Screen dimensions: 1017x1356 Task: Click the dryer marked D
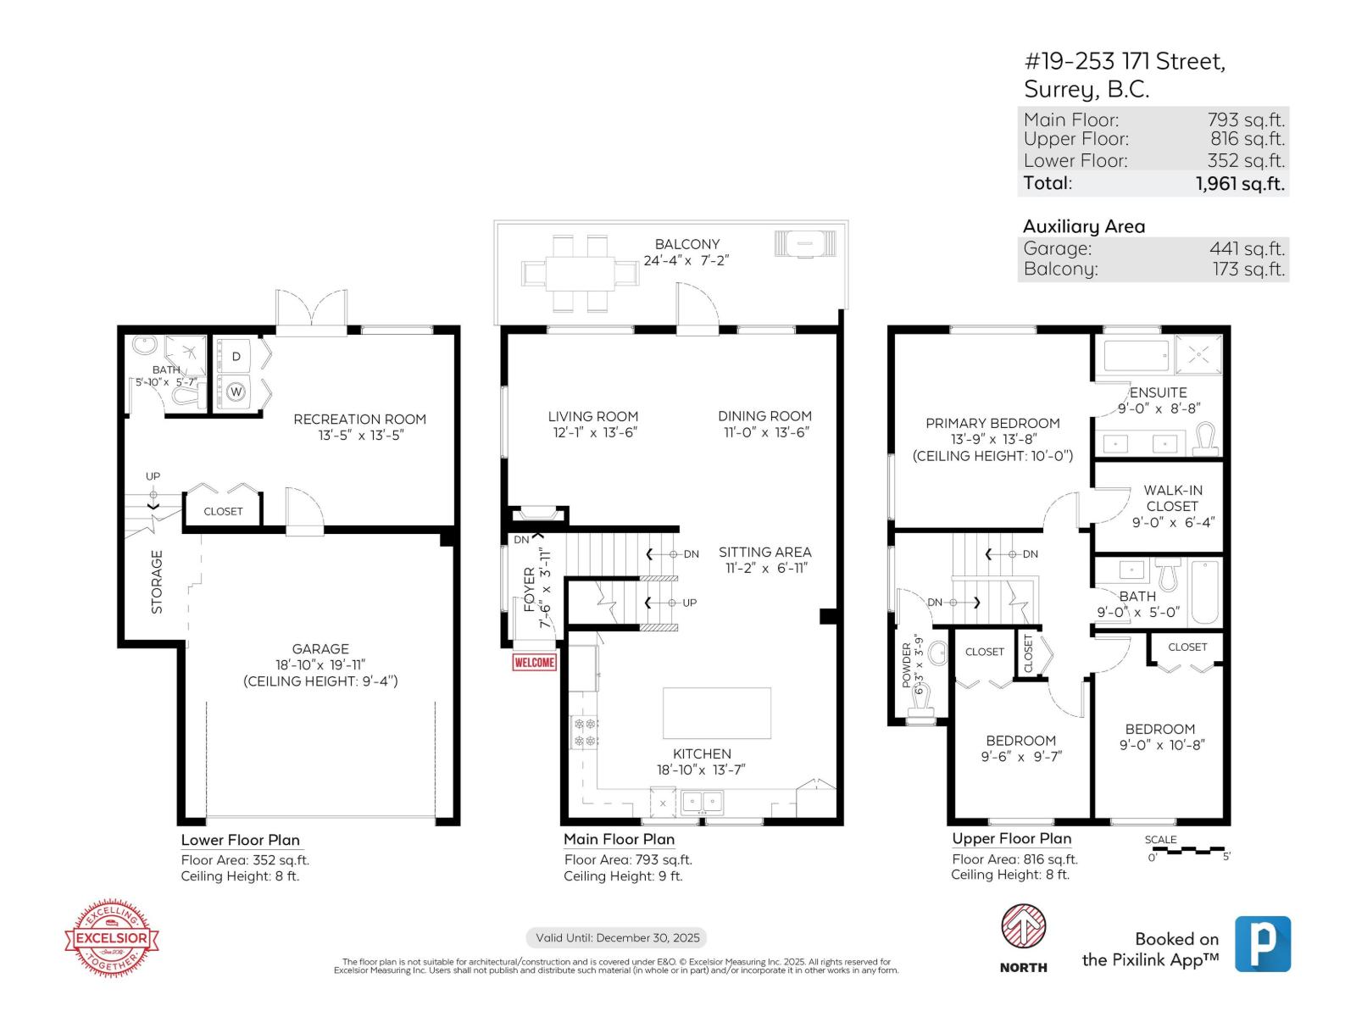pyautogui.click(x=236, y=356)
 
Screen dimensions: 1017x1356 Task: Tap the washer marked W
pyautogui.click(x=236, y=392)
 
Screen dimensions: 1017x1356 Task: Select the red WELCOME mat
pyautogui.click(x=534, y=662)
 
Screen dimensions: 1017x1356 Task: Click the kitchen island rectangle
pyautogui.click(x=717, y=713)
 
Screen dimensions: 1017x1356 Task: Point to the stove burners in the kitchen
pyautogui.click(x=586, y=732)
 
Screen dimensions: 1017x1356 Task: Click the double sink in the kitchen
pyautogui.click(x=703, y=800)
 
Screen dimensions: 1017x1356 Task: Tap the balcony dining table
pyautogui.click(x=580, y=273)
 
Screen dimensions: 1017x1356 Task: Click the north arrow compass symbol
pyautogui.click(x=1023, y=927)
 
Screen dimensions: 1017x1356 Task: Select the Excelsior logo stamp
pyautogui.click(x=113, y=938)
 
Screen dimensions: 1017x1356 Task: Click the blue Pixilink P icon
pyautogui.click(x=1263, y=943)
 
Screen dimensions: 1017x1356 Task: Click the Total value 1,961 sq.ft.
pyautogui.click(x=1240, y=183)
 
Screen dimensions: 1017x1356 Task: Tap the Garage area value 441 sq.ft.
pyautogui.click(x=1247, y=248)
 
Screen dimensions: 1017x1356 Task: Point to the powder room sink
pyautogui.click(x=937, y=653)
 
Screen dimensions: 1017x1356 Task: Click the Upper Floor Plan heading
pyautogui.click(x=1011, y=838)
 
